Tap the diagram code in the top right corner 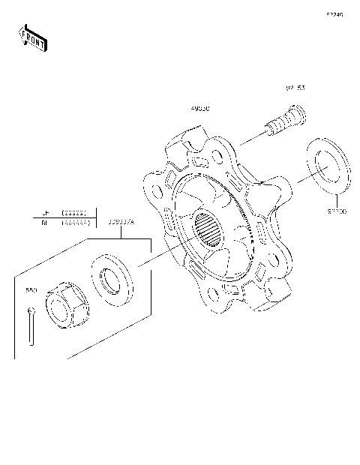[x=334, y=14]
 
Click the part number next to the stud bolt [x=295, y=88]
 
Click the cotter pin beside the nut [x=31, y=326]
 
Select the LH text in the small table [x=45, y=213]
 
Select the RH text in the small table [x=45, y=223]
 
